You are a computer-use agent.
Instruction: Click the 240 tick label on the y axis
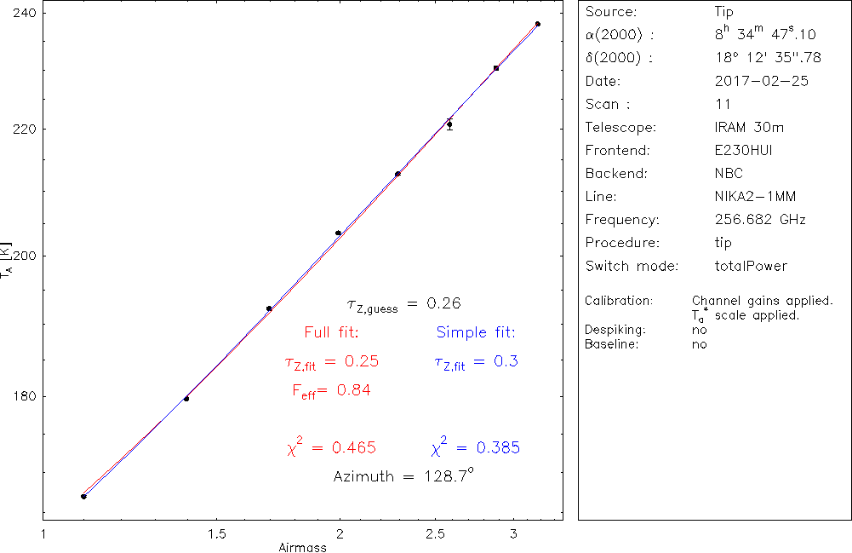tap(19, 14)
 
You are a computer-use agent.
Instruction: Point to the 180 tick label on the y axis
tap(19, 396)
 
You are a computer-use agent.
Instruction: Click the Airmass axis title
tap(302, 547)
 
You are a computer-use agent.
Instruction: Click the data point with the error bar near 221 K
tap(449, 124)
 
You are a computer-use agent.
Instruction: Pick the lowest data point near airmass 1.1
tap(83, 496)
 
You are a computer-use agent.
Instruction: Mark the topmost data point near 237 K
tap(538, 24)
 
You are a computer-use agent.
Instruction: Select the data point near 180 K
tap(186, 398)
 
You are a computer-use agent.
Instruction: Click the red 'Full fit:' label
tap(331, 331)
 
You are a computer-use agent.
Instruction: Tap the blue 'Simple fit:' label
tap(476, 331)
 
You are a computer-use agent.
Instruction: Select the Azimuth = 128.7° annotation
tap(403, 476)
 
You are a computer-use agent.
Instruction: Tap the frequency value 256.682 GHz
tap(760, 220)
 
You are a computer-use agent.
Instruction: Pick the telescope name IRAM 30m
tap(749, 128)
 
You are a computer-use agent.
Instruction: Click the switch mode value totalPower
tap(752, 266)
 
